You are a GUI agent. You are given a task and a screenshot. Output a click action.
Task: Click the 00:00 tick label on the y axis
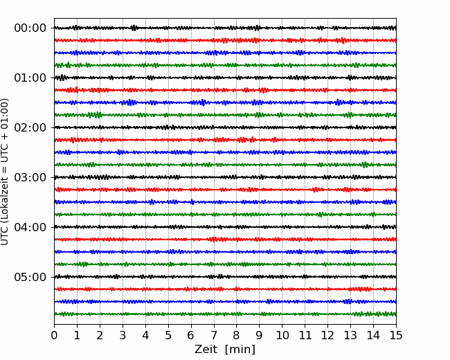(30, 28)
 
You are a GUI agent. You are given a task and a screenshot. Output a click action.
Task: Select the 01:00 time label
(30, 78)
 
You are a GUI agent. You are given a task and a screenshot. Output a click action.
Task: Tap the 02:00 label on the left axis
(30, 127)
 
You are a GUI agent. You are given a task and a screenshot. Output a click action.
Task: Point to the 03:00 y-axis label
(30, 177)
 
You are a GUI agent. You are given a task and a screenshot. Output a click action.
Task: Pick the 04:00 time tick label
(30, 227)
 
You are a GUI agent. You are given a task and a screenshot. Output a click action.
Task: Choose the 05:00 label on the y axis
(30, 277)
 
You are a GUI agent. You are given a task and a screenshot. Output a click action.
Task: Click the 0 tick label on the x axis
(54, 335)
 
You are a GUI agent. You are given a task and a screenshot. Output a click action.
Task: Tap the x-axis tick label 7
(214, 335)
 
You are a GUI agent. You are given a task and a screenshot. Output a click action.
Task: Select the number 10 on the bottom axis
(282, 335)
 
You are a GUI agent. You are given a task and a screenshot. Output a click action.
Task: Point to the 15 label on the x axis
(396, 335)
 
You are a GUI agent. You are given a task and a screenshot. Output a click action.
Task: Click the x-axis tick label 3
(123, 335)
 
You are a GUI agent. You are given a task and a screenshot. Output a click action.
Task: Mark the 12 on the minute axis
(327, 335)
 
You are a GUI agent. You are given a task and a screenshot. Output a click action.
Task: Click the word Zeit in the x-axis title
(206, 349)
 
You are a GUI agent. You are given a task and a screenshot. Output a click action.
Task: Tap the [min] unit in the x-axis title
(240, 350)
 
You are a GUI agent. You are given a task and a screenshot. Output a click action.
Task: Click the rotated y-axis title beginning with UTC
(5, 172)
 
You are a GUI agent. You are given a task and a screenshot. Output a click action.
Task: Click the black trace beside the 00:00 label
(225, 28)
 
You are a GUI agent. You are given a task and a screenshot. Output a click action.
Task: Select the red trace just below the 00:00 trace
(225, 40)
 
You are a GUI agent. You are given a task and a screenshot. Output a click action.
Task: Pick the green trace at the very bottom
(225, 314)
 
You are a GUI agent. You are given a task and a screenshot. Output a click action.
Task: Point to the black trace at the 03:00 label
(225, 177)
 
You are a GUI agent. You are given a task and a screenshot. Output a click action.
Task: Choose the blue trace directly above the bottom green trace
(225, 302)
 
